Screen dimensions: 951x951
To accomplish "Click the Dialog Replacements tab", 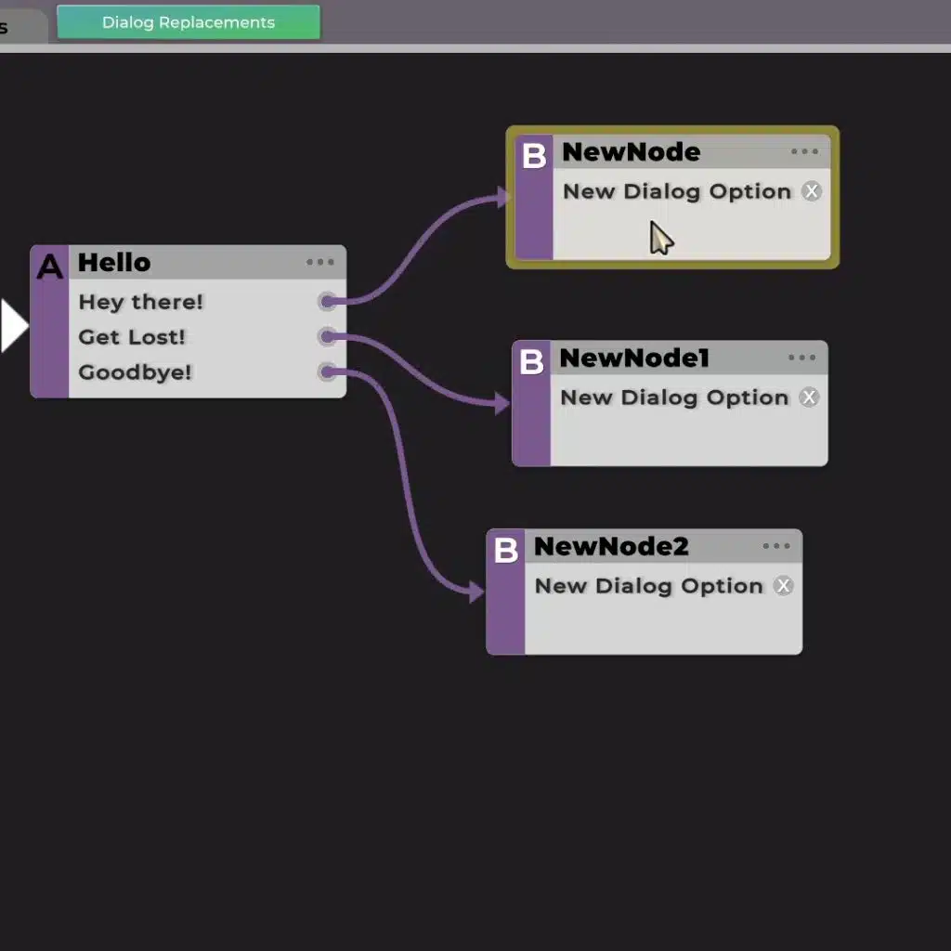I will tap(189, 22).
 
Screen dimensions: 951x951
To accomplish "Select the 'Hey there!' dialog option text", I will tap(140, 302).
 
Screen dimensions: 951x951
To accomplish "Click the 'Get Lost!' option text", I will tap(132, 337).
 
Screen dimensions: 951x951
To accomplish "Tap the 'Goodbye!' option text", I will tap(135, 372).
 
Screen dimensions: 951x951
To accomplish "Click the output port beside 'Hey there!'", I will tap(327, 301).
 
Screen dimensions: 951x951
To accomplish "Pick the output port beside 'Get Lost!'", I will tap(327, 336).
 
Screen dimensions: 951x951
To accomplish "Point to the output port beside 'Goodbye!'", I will tap(327, 372).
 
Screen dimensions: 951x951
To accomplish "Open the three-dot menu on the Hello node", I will tap(320, 263).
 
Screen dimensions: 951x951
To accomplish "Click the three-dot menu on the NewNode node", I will tap(805, 152).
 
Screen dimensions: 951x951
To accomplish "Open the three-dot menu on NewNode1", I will tap(802, 358).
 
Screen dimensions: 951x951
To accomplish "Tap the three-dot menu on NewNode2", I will tap(776, 546).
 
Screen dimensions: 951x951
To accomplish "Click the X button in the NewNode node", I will tap(812, 191).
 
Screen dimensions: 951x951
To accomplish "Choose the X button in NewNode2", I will tap(784, 586).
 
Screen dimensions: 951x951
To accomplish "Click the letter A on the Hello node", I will tap(49, 267).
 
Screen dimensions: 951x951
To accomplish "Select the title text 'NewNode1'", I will tap(634, 358).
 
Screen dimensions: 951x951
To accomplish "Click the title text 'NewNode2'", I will tap(611, 546).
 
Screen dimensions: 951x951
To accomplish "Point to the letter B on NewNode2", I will tap(505, 550).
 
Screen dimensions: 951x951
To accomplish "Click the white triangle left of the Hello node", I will tap(13, 326).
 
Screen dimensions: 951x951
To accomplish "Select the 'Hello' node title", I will tap(114, 262).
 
